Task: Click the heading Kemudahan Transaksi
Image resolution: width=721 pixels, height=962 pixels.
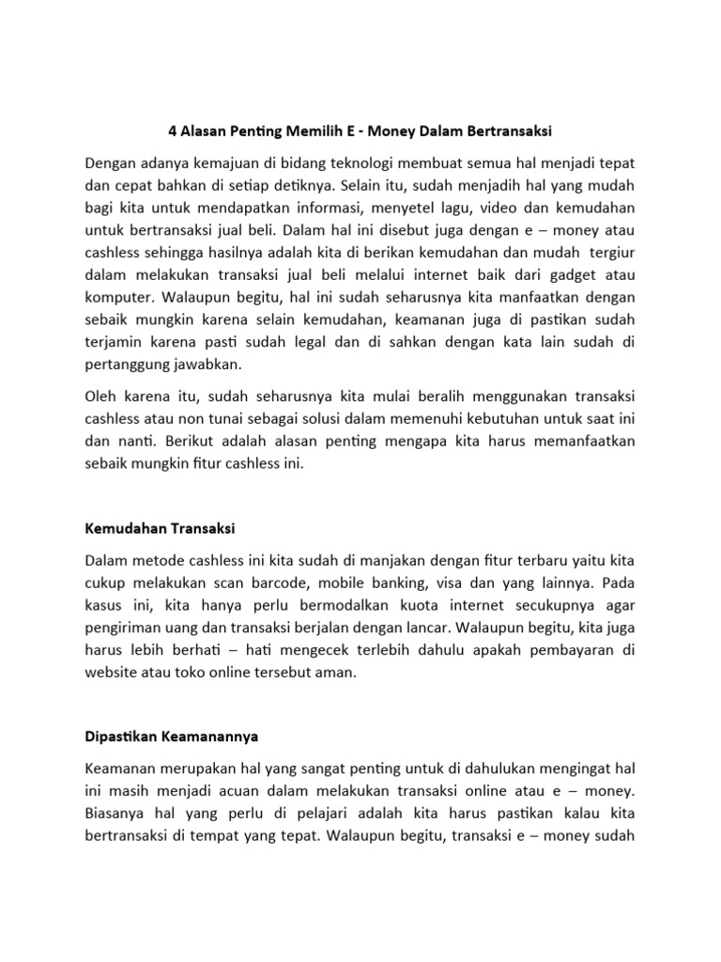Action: [x=160, y=529]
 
